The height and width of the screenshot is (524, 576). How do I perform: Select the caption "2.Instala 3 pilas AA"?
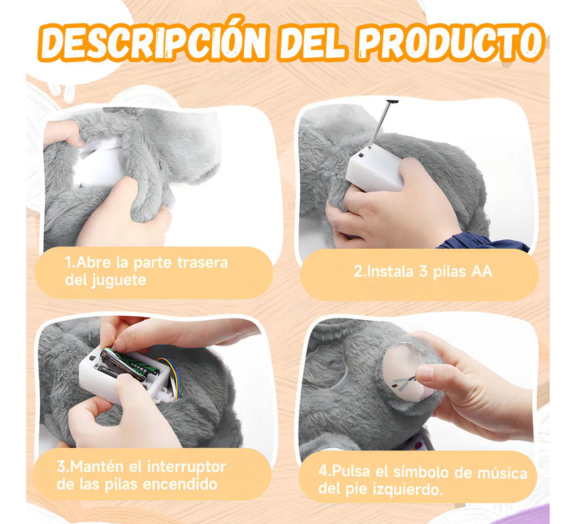coord(422,272)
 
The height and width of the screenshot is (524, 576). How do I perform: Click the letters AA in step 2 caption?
coord(482,272)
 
